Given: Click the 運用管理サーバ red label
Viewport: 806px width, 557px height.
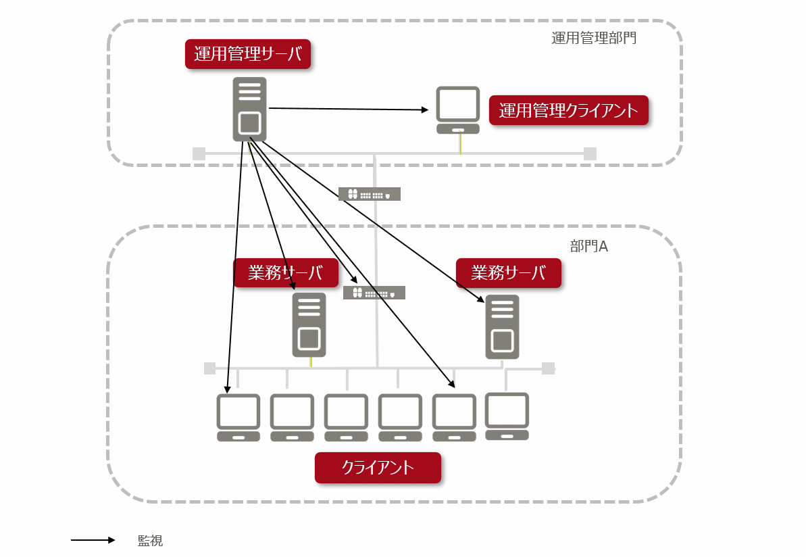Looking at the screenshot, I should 248,55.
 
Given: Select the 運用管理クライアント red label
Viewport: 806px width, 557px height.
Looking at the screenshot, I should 568,110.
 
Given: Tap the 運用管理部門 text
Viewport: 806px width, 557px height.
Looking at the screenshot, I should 593,38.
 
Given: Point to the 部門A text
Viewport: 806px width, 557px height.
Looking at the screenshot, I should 589,246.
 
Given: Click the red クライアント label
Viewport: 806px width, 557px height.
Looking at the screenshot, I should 378,468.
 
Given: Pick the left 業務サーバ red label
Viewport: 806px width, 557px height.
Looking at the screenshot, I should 286,273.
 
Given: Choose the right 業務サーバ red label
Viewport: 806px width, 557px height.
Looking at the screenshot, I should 508,273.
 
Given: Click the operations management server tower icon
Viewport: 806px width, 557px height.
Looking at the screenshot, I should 249,109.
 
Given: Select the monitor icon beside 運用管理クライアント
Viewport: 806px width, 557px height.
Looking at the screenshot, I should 458,110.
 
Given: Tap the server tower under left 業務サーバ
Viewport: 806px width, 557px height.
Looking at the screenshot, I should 309,324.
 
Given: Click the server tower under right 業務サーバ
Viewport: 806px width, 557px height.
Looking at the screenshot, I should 503,326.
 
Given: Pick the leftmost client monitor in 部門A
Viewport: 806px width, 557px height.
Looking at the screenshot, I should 238,417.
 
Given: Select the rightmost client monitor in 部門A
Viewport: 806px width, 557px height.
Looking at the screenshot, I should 507,416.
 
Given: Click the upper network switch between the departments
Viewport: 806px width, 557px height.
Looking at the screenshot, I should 370,194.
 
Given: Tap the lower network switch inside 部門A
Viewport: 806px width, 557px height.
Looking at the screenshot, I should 374,293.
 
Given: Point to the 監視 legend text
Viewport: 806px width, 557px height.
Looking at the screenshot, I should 150,541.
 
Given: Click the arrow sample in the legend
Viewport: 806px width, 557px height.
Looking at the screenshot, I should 93,540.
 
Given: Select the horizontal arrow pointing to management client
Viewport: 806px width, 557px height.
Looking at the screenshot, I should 349,109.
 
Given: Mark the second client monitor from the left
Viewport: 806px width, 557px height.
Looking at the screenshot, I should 292,417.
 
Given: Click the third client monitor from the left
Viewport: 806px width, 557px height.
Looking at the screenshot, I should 346,417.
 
